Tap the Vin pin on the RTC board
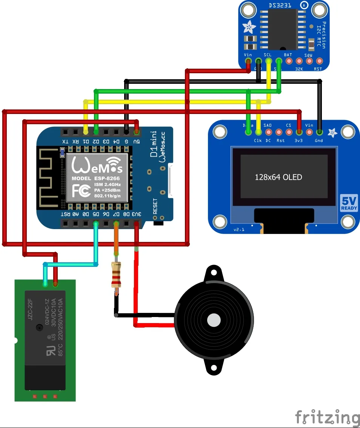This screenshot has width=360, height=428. [x=248, y=61]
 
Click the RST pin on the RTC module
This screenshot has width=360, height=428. [x=319, y=61]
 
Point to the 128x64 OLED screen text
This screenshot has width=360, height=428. [x=278, y=177]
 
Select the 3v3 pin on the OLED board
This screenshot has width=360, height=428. [x=299, y=132]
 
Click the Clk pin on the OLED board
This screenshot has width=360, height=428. [x=258, y=132]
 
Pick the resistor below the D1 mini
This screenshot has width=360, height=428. [x=116, y=275]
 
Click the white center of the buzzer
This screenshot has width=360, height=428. [x=214, y=320]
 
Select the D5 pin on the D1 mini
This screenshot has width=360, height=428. [x=96, y=224]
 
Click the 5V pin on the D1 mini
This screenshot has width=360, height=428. [x=137, y=132]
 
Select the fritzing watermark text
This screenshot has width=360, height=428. [x=327, y=417]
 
